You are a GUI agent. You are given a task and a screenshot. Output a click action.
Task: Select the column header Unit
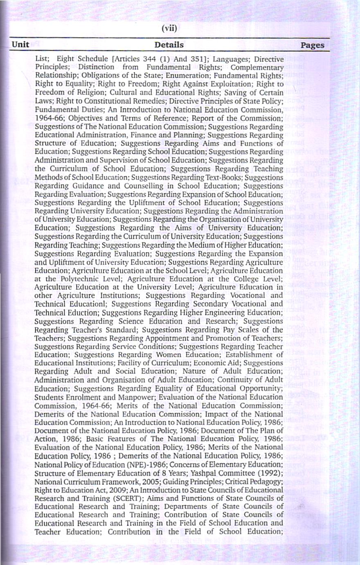[x=20, y=44]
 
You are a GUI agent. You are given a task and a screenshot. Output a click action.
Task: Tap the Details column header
[x=169, y=45]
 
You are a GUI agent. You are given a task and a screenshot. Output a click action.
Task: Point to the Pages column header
[x=312, y=45]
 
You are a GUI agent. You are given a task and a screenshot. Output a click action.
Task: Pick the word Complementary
[x=257, y=67]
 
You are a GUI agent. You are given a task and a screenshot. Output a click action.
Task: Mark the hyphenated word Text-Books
[x=229, y=177]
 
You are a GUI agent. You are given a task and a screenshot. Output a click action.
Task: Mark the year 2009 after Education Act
[x=105, y=490]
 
